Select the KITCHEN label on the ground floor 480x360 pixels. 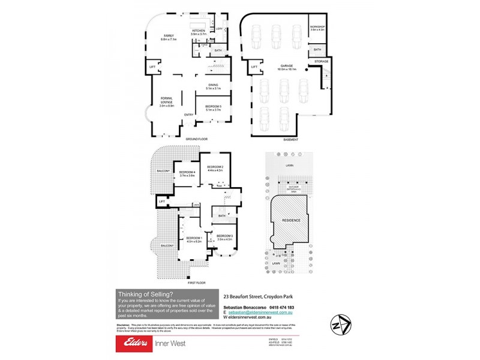click(198, 31)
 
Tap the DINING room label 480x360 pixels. click(213, 86)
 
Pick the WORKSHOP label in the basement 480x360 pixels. click(317, 28)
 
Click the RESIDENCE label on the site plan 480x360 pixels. click(292, 220)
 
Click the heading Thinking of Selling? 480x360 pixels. click(146, 294)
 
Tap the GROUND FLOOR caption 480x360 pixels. click(193, 139)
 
